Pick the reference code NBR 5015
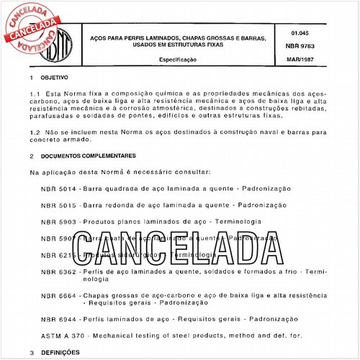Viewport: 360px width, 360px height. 58,206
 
